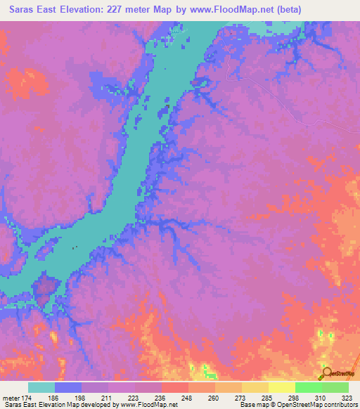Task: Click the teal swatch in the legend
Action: tap(41, 387)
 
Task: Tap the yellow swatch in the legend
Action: tap(282, 387)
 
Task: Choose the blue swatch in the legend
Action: tap(68, 387)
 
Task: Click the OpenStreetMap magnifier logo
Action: tap(327, 372)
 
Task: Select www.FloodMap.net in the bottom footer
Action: tap(139, 405)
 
